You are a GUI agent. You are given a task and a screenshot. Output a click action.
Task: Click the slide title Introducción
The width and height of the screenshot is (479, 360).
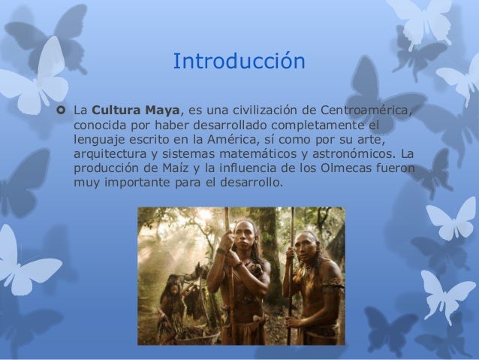coord(239,61)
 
